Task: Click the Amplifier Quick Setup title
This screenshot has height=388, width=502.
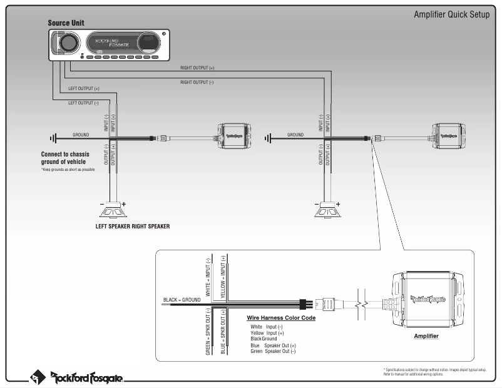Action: coord(451,15)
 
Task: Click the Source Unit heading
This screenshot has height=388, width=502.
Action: coord(66,23)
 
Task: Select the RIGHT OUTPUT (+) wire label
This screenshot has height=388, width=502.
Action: coord(197,67)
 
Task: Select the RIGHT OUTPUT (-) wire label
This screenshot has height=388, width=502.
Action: coord(197,82)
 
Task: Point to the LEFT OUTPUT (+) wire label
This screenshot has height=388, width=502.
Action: coord(83,89)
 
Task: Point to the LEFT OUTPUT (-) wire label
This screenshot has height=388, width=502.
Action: coord(83,103)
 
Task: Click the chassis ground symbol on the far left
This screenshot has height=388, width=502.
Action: coord(53,138)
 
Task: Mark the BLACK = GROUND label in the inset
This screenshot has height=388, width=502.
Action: coord(182,300)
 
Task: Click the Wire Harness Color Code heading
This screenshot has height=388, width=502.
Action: coord(281,318)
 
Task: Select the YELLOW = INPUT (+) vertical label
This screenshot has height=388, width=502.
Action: coord(223,275)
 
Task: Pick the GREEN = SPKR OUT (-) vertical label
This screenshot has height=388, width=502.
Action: coord(208,332)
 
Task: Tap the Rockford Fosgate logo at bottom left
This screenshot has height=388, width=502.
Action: coord(78,377)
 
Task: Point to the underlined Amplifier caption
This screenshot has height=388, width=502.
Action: coord(426,336)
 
